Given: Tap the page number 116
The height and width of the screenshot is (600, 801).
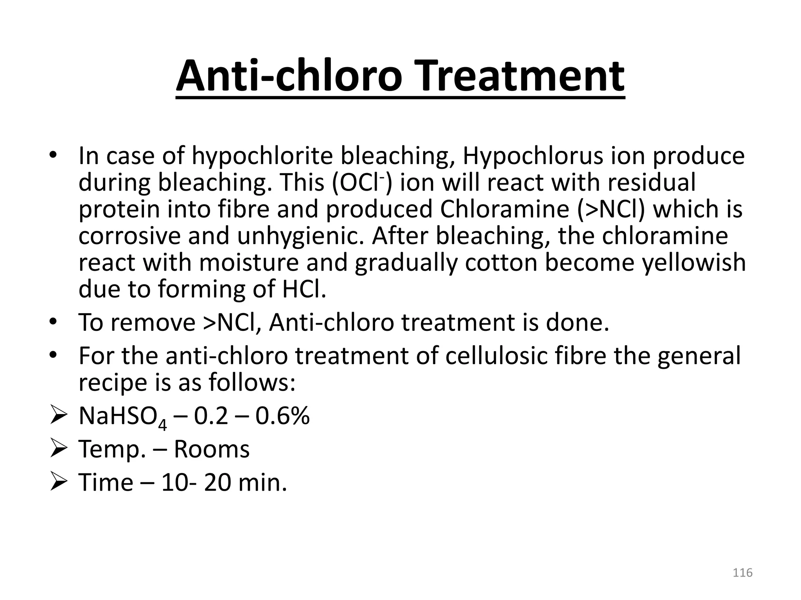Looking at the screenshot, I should pyautogui.click(x=742, y=572).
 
